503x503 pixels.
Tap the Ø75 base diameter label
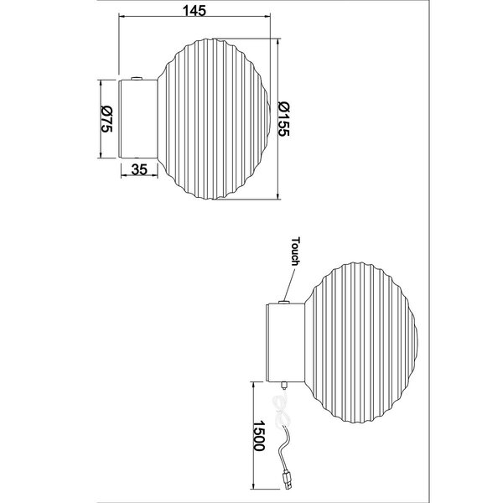point(106,119)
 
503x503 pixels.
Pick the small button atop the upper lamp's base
point(134,78)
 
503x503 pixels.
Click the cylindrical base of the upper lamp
point(137,118)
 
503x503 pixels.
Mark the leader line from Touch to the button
point(289,282)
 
